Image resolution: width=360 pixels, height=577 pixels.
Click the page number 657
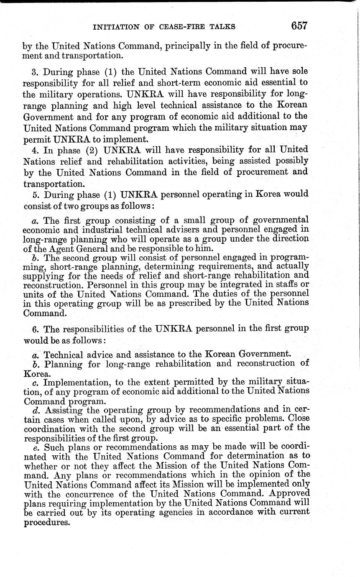[x=299, y=26]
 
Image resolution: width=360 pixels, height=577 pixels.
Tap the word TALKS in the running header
[x=222, y=27]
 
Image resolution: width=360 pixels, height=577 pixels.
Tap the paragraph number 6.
[x=35, y=329]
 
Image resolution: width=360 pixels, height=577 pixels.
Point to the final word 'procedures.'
[x=46, y=523]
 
